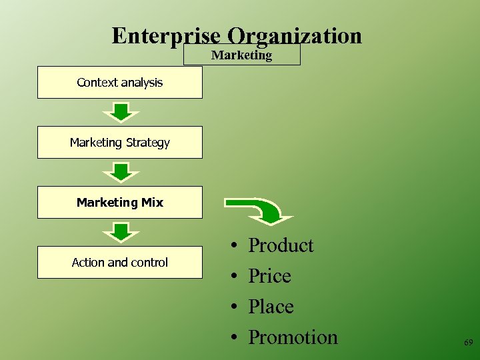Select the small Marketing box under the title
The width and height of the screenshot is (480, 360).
click(x=241, y=55)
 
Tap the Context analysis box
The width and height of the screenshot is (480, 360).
click(x=119, y=83)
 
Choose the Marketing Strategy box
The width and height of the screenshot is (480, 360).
click(x=119, y=143)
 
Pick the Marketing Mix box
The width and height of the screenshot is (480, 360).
click(x=119, y=203)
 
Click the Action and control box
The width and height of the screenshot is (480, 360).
click(x=119, y=263)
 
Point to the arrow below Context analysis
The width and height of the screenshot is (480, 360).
click(x=120, y=112)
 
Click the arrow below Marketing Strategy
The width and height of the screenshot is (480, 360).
click(x=120, y=172)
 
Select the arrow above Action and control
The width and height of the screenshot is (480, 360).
click(x=120, y=232)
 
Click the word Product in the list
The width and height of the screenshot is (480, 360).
click(x=281, y=245)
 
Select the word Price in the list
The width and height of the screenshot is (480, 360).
click(x=269, y=276)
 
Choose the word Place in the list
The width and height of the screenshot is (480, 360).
click(x=271, y=307)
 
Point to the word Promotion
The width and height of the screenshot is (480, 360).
click(x=293, y=337)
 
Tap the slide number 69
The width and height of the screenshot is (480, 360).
click(x=468, y=342)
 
